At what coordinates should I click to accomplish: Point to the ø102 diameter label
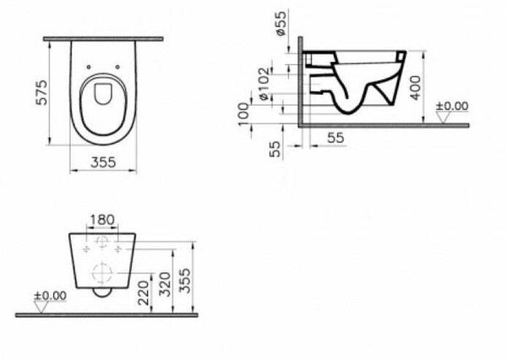click(264, 83)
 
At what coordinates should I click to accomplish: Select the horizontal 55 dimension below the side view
click(335, 134)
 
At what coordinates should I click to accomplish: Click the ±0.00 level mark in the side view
click(451, 106)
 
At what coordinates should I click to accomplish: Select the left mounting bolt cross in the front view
click(86, 249)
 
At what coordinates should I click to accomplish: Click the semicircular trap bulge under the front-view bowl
click(101, 293)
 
